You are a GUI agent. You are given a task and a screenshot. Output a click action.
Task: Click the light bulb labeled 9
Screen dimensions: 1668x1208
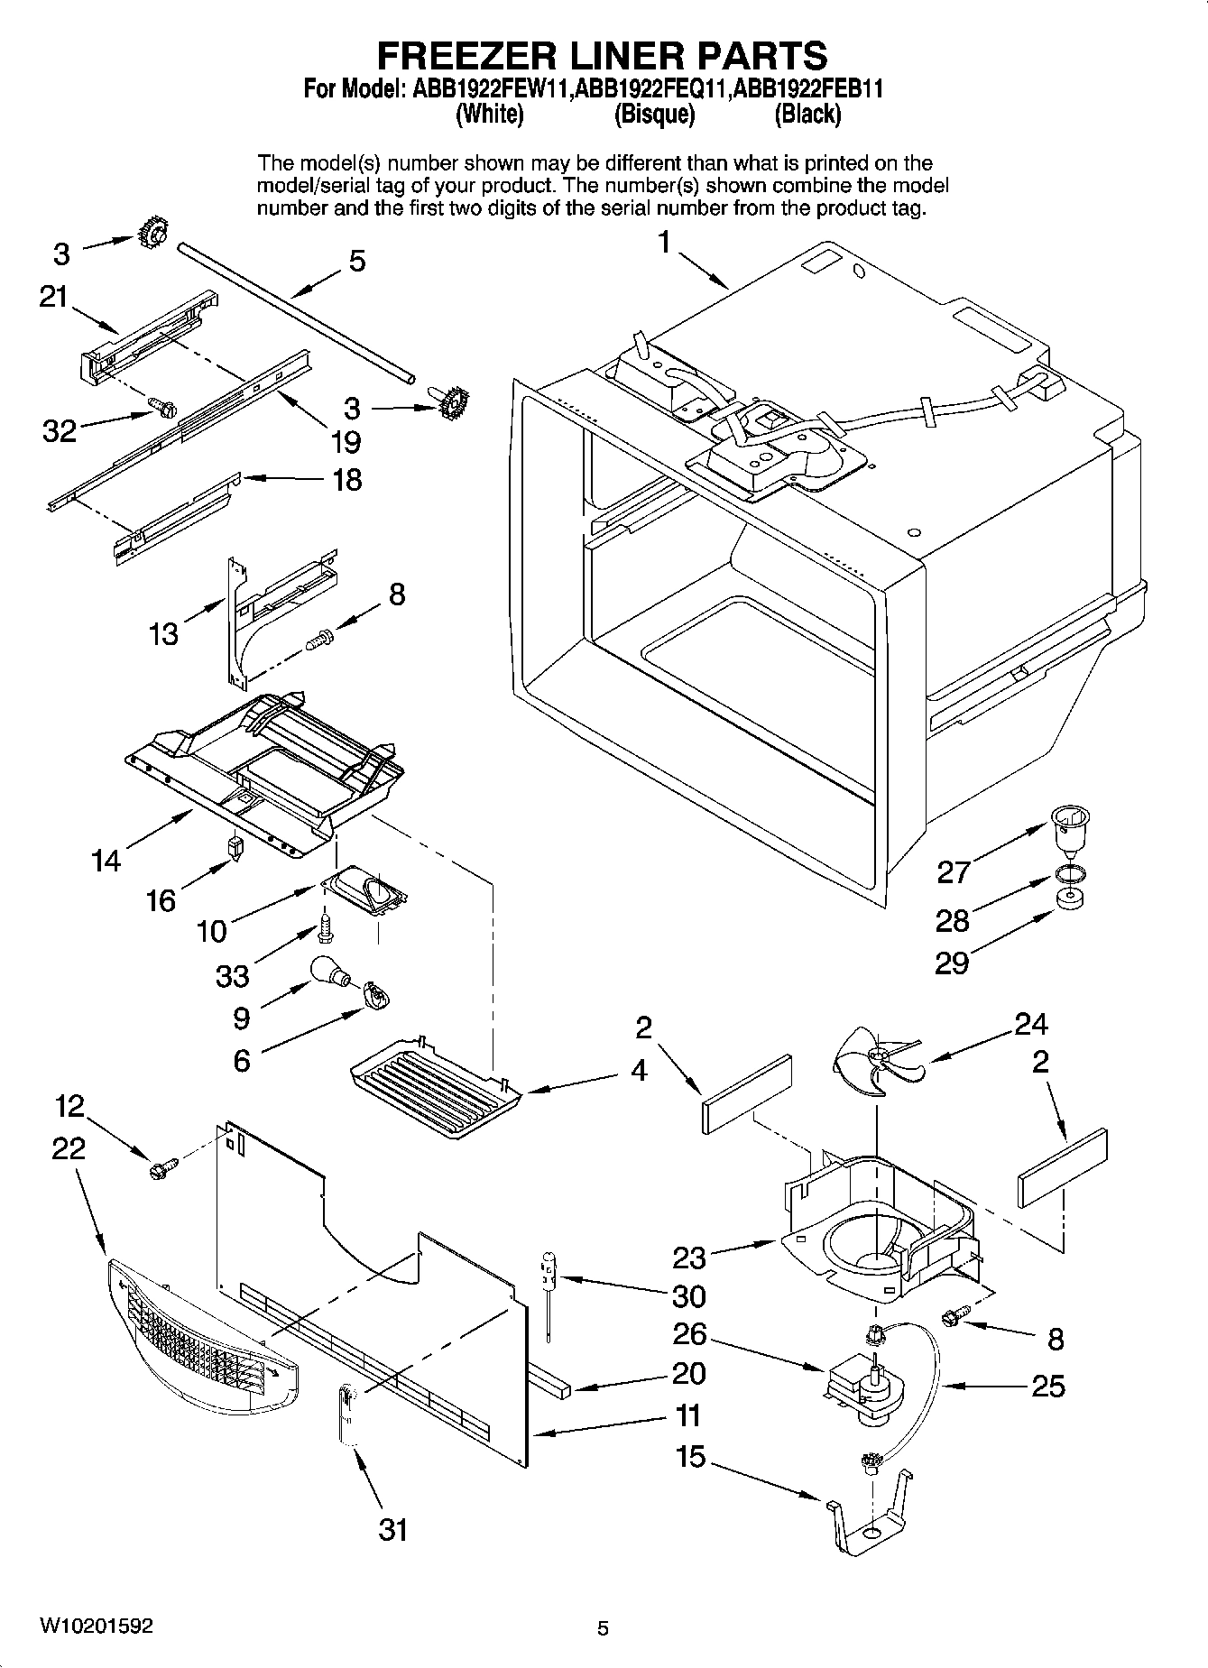click(x=328, y=972)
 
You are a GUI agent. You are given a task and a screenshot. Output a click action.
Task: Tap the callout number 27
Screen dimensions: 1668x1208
click(x=953, y=871)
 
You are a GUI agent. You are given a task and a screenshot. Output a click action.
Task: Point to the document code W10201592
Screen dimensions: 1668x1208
click(x=96, y=1627)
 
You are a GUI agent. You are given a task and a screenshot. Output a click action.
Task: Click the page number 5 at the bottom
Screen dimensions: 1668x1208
click(x=604, y=1628)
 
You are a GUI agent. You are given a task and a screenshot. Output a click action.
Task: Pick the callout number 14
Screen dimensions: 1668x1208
click(x=106, y=861)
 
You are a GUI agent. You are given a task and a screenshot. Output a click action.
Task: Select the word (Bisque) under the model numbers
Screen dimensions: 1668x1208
click(x=654, y=115)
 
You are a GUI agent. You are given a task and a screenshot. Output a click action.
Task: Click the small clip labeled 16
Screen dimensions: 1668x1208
click(x=235, y=848)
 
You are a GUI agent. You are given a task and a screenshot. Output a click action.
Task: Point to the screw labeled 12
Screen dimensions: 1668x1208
click(x=161, y=1169)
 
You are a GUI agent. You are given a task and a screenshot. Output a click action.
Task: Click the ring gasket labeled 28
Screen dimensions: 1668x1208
click(x=1069, y=874)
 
